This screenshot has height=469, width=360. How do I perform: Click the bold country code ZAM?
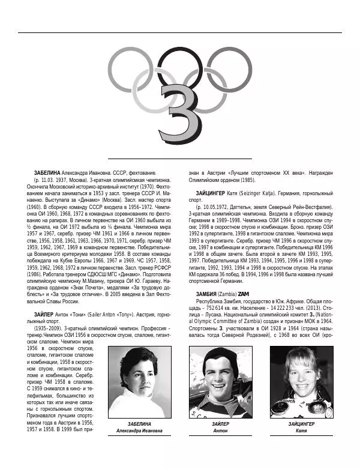(244, 293)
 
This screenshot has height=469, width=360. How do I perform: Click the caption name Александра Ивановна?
(139, 431)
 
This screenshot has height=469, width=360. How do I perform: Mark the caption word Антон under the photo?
(220, 431)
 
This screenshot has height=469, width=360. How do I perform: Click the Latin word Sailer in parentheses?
(98, 314)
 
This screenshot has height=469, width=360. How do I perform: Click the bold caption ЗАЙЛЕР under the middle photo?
(220, 424)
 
